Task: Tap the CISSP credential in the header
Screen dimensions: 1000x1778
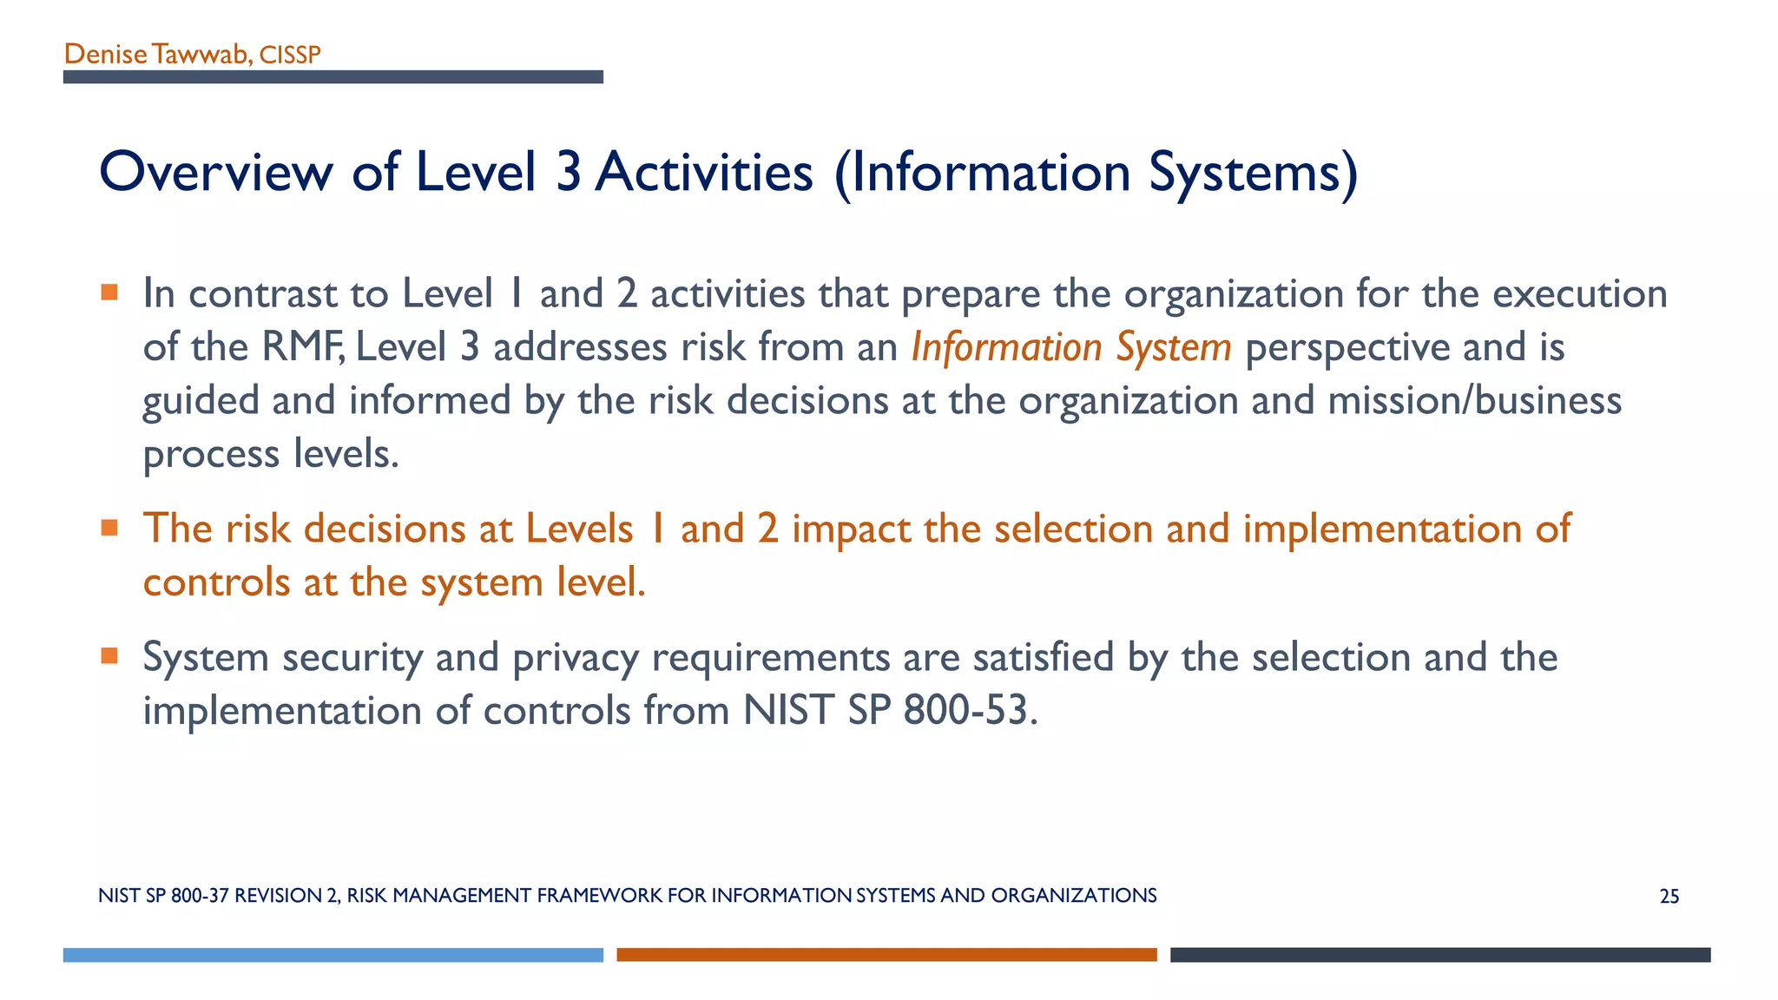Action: (290, 56)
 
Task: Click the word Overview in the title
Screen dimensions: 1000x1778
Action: (215, 173)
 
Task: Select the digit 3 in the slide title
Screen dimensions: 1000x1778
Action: (568, 172)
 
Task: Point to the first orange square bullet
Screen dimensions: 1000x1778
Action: (109, 292)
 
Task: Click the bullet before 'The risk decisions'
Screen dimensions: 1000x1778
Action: (109, 527)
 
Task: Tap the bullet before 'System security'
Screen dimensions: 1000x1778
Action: (109, 655)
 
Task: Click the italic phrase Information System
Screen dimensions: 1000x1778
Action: (1070, 347)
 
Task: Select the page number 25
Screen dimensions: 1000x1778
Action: (1669, 897)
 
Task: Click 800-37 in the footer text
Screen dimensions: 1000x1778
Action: (200, 896)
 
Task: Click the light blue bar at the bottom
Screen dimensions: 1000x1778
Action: (333, 955)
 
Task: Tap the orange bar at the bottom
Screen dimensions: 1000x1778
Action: (886, 955)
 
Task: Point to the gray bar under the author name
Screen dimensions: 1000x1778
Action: (333, 77)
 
